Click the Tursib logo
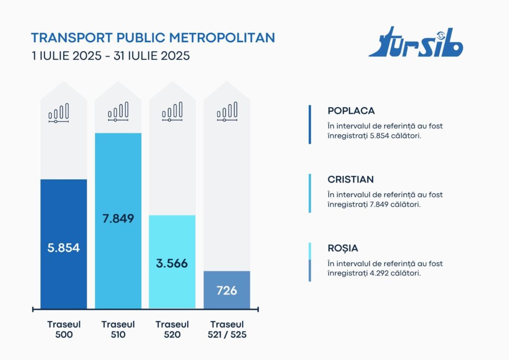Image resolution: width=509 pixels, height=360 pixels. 416,43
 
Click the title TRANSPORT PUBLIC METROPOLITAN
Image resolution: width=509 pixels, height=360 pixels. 153,38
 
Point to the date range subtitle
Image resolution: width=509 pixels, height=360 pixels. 111,56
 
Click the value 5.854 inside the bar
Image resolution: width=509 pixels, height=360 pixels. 63,248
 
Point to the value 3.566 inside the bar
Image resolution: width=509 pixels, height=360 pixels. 172,263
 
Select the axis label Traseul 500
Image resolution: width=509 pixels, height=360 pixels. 63,329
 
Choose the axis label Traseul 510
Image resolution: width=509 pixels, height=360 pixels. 118,329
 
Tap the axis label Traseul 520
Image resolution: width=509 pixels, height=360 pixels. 172,329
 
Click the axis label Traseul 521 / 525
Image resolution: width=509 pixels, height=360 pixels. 227,329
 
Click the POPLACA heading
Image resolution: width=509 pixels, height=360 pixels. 351,111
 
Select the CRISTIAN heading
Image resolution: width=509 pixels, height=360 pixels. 351,180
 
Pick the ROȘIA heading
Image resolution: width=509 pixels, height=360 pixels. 343,248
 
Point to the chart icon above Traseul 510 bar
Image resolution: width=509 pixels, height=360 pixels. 118,112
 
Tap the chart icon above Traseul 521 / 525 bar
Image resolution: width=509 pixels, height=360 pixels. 227,112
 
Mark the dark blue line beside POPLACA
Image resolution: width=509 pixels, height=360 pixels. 310,124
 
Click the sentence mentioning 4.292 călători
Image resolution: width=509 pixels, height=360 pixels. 385,269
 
